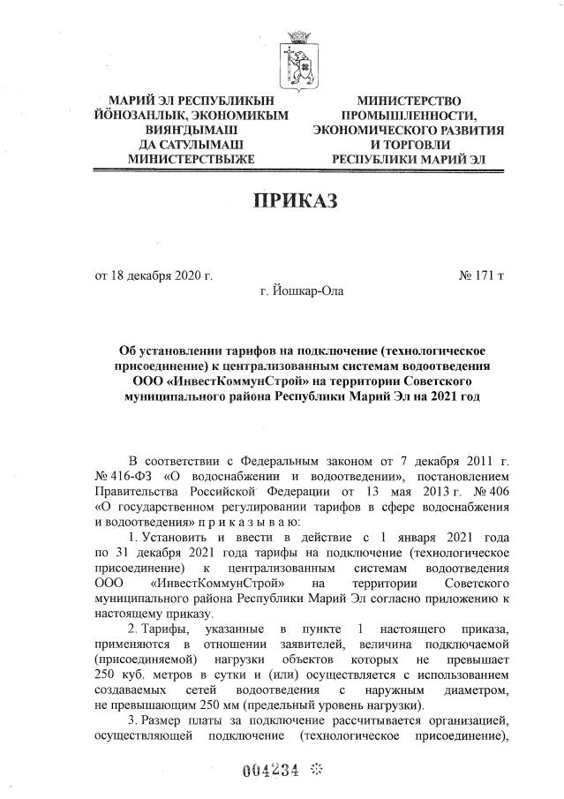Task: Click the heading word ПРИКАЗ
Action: click(x=296, y=201)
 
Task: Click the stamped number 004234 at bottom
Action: click(x=271, y=770)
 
